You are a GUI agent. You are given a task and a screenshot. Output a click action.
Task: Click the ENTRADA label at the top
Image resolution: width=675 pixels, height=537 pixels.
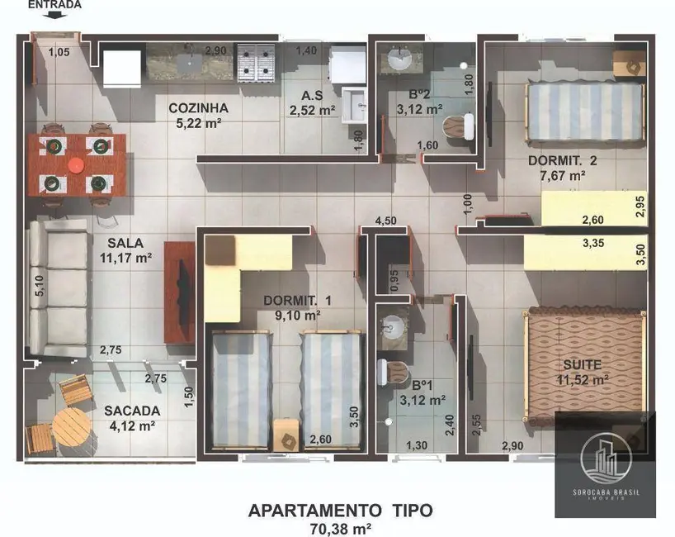pyautogui.click(x=55, y=5)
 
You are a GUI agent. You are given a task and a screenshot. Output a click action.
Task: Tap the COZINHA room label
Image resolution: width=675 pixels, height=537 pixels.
pyautogui.click(x=198, y=108)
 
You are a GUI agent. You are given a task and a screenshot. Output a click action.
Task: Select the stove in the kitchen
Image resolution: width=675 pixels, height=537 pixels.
pyautogui.click(x=256, y=63)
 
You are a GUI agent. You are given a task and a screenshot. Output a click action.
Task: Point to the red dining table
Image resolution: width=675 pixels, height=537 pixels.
pyautogui.click(x=77, y=165)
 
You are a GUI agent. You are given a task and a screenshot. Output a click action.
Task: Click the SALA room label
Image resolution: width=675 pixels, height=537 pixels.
pyautogui.click(x=125, y=243)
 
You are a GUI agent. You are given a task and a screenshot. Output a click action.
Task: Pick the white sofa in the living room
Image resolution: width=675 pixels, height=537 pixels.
pyautogui.click(x=58, y=288)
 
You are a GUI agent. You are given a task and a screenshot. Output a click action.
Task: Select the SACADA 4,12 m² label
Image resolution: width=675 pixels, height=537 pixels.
pyautogui.click(x=132, y=418)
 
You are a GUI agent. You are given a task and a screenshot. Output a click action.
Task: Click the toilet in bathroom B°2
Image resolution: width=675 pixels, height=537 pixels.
pyautogui.click(x=457, y=126)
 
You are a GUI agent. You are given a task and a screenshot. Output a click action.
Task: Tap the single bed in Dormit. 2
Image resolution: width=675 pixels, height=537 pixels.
pyautogui.click(x=584, y=111)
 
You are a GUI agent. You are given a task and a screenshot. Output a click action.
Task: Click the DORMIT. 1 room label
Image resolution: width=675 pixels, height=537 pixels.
pyautogui.click(x=297, y=301)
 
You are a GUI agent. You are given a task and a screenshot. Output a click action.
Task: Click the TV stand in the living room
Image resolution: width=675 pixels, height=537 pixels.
pyautogui.click(x=179, y=292)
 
